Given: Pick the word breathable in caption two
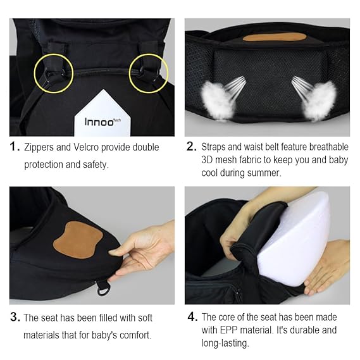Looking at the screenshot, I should [322, 147].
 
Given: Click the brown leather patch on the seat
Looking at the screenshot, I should [78, 239].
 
